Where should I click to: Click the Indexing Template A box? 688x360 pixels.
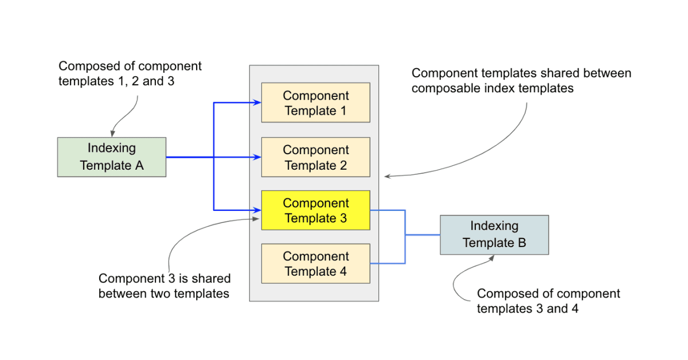tap(112, 157)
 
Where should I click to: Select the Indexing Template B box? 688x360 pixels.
tap(494, 235)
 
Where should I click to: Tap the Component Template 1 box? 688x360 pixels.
tap(315, 103)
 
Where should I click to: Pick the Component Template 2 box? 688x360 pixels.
tap(315, 157)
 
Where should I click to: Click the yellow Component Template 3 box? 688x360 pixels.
tap(315, 210)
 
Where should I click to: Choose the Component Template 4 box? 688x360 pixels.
tap(315, 264)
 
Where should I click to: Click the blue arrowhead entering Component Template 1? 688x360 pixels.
tap(257, 103)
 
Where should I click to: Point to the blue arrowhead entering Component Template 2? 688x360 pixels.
tap(257, 157)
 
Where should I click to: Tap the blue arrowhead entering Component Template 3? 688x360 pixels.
tap(257, 210)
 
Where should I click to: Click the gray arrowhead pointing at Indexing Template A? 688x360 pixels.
tap(113, 134)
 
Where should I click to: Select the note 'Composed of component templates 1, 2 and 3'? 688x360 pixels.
tap(130, 73)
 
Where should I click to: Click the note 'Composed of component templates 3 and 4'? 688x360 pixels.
tap(548, 301)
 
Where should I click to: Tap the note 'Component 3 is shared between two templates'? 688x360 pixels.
tap(165, 286)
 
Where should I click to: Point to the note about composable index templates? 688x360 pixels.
tap(521, 81)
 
